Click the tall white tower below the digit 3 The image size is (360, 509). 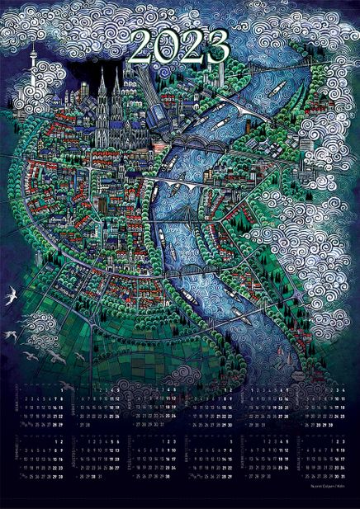(x=222, y=78)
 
